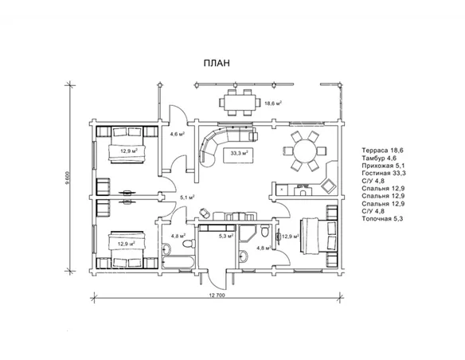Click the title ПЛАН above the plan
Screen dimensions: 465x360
point(217,63)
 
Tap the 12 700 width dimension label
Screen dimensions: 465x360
point(217,295)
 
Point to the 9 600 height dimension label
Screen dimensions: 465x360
point(68,178)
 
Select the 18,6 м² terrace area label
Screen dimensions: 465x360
point(273,104)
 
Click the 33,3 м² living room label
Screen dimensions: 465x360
point(240,153)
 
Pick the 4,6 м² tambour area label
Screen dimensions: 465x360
point(178,134)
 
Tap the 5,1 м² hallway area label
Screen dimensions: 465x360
point(187,197)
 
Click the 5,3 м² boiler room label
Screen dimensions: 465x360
point(226,236)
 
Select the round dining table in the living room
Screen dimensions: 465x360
point(305,151)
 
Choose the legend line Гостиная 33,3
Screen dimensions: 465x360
point(384,173)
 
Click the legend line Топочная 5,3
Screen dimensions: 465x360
point(382,219)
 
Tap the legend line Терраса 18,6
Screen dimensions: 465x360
point(382,151)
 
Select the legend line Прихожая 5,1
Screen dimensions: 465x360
point(383,166)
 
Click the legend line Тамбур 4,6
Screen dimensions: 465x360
point(379,158)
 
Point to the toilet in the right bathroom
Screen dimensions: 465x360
point(265,231)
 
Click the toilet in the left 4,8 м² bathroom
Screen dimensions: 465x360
point(189,244)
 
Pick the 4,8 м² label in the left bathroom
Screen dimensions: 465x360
point(178,236)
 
